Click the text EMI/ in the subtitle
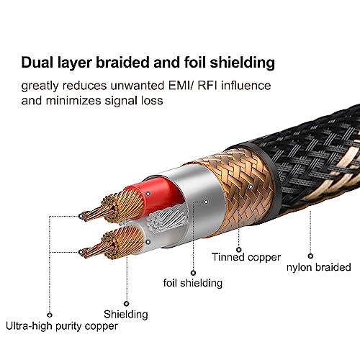[x=181, y=86]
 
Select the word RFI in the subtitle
[x=207, y=86]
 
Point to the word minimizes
[x=73, y=100]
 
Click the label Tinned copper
[x=246, y=257]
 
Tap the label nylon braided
[x=319, y=267]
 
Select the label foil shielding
[x=193, y=283]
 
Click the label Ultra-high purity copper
[x=62, y=326]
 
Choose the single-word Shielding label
[x=126, y=314]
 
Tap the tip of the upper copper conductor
[x=82, y=215]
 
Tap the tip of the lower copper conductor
[x=82, y=253]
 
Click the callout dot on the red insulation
[x=148, y=194]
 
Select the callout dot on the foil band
[x=206, y=202]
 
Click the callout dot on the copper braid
[x=251, y=186]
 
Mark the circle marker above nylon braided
[x=310, y=256]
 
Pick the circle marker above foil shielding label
[x=193, y=273]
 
